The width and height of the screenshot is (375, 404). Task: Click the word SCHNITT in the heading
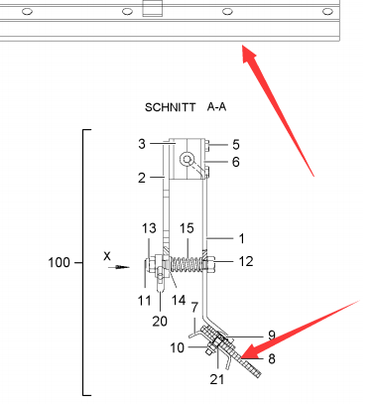point(171,107)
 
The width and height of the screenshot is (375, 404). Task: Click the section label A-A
point(216,107)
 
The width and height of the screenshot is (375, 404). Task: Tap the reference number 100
point(59,263)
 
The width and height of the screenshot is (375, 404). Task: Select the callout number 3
point(142,144)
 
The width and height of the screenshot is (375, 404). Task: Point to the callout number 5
point(236,145)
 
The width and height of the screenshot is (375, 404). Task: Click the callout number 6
point(236,162)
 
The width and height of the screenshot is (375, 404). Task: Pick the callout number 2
point(142,178)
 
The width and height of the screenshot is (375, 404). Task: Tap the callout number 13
point(149,228)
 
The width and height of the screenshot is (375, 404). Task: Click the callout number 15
point(187,228)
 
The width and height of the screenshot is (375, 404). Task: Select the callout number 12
point(246,261)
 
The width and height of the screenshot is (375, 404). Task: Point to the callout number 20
point(160,321)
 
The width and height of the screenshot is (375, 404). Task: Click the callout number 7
point(194,308)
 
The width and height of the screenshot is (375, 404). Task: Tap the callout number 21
point(217,379)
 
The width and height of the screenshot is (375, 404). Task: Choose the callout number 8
point(272,358)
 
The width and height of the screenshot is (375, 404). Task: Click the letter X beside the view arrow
point(107,256)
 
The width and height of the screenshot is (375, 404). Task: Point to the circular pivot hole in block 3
point(187,160)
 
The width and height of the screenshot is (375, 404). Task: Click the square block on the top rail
point(153,8)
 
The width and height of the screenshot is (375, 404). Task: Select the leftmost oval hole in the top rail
point(27,12)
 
